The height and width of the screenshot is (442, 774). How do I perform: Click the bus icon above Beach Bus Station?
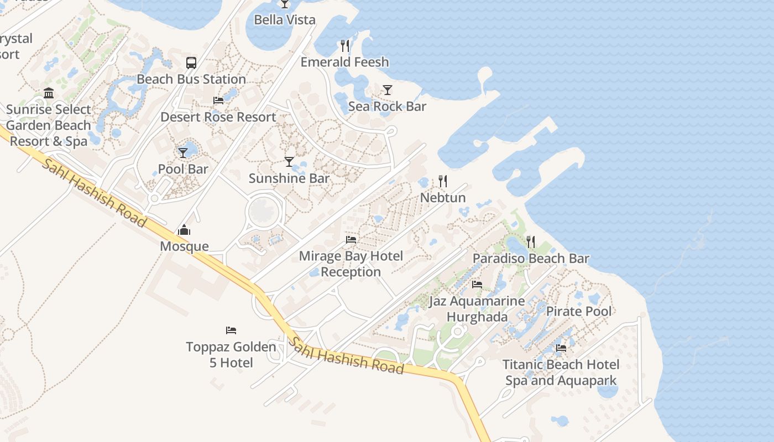click(191, 62)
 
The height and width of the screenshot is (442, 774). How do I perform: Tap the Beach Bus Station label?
click(191, 79)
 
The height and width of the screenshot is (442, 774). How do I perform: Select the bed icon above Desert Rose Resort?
click(218, 101)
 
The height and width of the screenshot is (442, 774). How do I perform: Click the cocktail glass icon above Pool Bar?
click(183, 152)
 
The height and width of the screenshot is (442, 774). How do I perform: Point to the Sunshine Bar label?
click(289, 178)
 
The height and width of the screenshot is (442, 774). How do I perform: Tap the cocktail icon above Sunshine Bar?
click(289, 161)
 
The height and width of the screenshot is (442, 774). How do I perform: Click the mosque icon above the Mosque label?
click(184, 230)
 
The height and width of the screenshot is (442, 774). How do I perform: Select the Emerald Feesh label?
click(344, 62)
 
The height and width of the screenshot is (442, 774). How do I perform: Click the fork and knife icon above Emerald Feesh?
click(346, 45)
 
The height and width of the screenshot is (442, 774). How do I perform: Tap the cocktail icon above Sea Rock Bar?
click(388, 90)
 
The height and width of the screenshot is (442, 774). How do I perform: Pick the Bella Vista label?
click(285, 20)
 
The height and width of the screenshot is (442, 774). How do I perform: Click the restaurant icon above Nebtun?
click(443, 181)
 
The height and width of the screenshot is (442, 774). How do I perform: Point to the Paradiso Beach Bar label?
click(531, 258)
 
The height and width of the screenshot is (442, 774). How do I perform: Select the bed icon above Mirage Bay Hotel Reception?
click(351, 240)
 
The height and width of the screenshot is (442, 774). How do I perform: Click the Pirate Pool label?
click(579, 311)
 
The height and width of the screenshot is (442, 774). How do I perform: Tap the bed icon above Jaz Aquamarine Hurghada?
click(477, 285)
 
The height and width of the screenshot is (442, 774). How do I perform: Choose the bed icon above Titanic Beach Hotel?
click(561, 348)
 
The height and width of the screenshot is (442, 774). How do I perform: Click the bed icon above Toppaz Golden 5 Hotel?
click(231, 330)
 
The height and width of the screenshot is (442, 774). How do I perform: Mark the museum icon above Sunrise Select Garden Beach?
click(49, 93)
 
